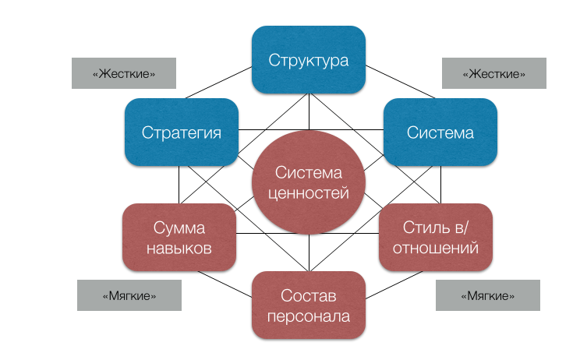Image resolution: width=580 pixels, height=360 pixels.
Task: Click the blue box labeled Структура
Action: [309, 59]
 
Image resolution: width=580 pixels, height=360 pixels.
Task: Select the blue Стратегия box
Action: [181, 132]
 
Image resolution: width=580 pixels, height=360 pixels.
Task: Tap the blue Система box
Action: [440, 132]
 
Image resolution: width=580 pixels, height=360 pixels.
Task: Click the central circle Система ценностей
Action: [309, 184]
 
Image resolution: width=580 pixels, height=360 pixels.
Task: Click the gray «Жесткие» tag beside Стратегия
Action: [123, 73]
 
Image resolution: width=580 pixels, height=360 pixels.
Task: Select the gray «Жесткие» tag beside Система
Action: [493, 73]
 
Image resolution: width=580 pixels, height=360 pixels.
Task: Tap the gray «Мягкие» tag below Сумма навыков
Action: [129, 296]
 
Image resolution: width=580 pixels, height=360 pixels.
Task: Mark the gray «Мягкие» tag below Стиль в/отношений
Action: [488, 296]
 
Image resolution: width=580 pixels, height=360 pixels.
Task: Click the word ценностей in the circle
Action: [309, 194]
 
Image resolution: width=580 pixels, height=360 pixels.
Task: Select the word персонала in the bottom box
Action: [309, 316]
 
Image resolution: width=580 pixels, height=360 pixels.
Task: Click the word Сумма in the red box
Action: [179, 228]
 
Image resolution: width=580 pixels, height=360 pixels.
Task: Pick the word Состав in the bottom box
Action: [309, 295]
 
